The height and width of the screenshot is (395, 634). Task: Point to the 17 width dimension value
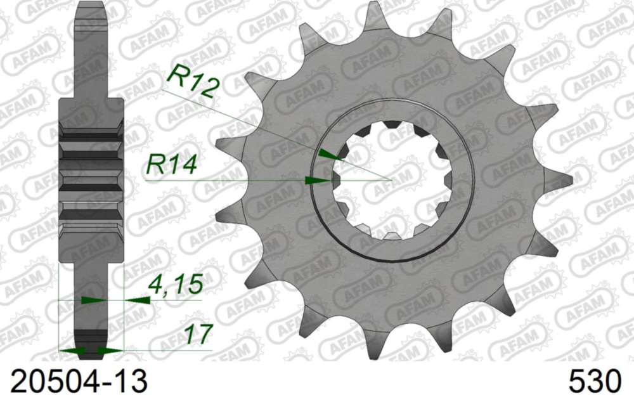pyautogui.click(x=198, y=334)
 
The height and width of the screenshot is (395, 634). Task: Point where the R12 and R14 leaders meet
pyautogui.click(x=391, y=180)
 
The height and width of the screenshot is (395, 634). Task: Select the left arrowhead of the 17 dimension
pyautogui.click(x=69, y=350)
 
